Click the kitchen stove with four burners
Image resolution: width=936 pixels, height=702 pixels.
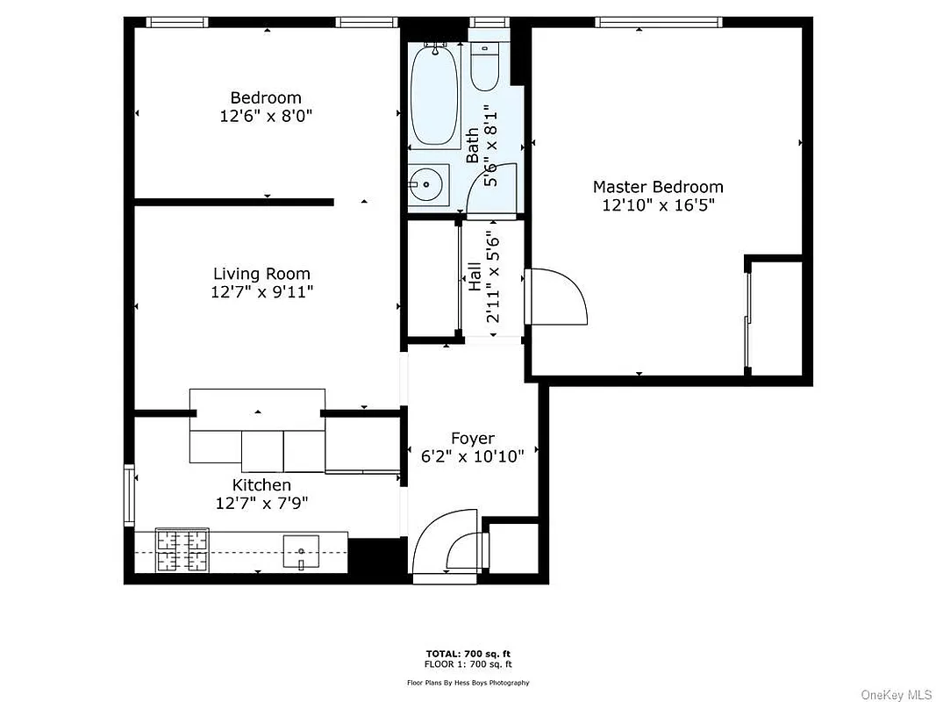[182, 550]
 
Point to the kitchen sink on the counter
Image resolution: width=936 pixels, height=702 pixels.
[302, 551]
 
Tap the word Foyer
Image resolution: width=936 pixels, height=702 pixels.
[473, 438]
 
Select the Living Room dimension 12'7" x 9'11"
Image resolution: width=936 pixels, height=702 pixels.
[261, 292]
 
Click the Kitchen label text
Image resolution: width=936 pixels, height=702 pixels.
[261, 485]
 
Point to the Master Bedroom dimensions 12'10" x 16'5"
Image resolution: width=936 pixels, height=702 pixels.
[658, 205]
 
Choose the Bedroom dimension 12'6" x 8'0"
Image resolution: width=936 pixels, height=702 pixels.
[266, 115]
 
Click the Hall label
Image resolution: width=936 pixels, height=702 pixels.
[474, 277]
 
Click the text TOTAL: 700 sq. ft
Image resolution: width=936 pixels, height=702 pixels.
[468, 654]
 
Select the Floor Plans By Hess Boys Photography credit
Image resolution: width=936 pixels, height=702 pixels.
[468, 682]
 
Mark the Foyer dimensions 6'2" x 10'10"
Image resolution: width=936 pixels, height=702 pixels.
[473, 456]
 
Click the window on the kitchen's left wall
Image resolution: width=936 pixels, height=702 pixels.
[129, 497]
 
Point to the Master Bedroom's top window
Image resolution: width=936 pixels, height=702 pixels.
[658, 22]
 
